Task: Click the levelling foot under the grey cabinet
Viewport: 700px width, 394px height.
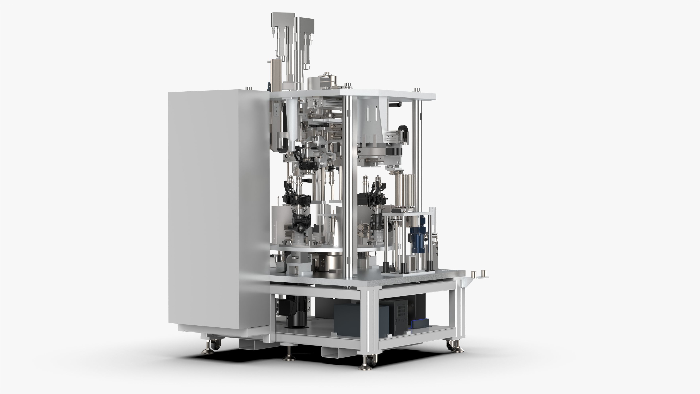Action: coord(208,350)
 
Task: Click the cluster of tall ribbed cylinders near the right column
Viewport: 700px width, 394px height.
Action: coord(405,190)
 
